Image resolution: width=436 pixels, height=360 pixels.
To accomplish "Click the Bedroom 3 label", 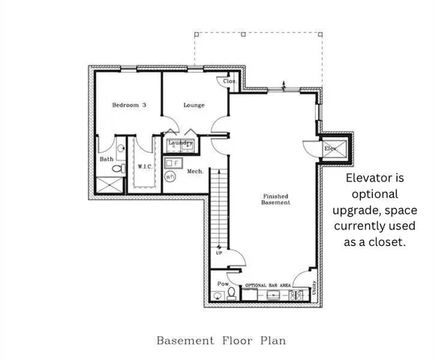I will click(129, 105).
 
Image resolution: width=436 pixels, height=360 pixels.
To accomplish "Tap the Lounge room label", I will click(194, 105).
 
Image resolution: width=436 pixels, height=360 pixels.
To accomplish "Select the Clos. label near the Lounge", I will click(230, 81).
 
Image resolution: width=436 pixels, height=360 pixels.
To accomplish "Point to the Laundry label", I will click(181, 142).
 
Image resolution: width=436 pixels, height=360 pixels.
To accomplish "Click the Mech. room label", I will click(195, 172).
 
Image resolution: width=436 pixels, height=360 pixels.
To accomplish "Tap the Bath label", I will click(107, 159).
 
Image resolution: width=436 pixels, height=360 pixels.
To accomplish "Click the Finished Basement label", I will click(275, 199).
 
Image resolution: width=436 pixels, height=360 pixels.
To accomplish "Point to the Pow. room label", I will click(222, 284).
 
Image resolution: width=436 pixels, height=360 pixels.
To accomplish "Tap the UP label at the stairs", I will click(219, 253).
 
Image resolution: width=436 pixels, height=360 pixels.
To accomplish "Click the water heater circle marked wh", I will click(170, 176).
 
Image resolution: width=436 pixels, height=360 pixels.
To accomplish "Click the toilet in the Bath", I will click(116, 170).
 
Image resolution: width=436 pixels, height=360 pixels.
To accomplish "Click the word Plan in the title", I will click(272, 340).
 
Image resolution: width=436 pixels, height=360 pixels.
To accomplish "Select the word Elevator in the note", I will click(375, 178).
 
